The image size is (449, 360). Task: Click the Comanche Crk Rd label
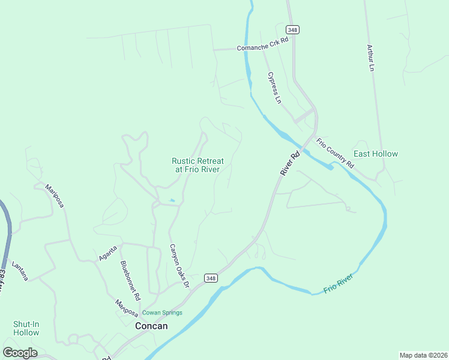[263, 47]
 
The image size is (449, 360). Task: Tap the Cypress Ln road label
[274, 88]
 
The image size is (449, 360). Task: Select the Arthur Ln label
[370, 58]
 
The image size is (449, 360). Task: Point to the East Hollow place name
[376, 154]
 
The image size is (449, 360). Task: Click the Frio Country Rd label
[336, 152]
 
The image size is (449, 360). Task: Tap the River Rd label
[289, 163]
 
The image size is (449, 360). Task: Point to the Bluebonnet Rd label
[130, 280]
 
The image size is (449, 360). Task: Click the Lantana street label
[20, 265]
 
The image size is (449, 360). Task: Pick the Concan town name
[151, 326]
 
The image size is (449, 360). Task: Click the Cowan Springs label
[162, 313]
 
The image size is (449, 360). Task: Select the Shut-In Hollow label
[26, 328]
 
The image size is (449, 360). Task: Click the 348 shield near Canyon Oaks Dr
[210, 278]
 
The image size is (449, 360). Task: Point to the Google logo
[20, 353]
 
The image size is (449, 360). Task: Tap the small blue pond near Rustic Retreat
[172, 200]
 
